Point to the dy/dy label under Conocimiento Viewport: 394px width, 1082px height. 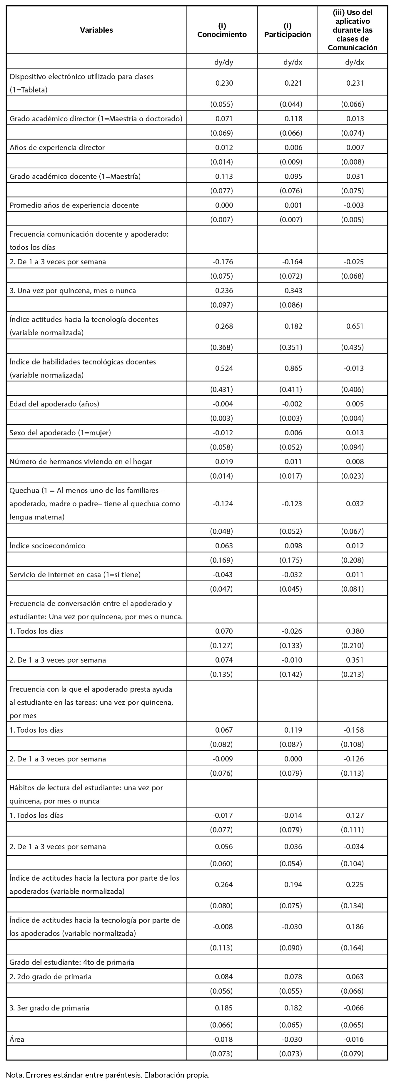point(224,62)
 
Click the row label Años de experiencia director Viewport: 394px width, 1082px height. point(57,147)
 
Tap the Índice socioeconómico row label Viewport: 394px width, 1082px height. point(47,546)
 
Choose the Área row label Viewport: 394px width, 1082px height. point(17,1039)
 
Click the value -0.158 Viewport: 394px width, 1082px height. point(354,730)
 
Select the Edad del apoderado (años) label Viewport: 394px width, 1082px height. point(54,404)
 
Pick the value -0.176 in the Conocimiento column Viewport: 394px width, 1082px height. point(223,262)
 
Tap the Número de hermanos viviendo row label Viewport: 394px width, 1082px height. point(81,461)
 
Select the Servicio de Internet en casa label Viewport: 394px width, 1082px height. point(75,574)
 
